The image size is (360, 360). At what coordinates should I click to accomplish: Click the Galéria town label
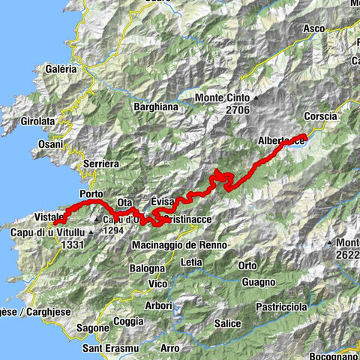tap(61, 68)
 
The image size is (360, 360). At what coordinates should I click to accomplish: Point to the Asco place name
tap(313, 28)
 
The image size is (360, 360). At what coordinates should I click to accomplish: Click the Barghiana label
tap(154, 107)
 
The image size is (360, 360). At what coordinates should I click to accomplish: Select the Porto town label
tap(91, 193)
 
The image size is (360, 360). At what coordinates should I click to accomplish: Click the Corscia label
tap(321, 116)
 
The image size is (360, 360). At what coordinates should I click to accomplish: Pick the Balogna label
tap(147, 267)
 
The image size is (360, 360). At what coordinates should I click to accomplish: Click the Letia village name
tap(192, 262)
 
